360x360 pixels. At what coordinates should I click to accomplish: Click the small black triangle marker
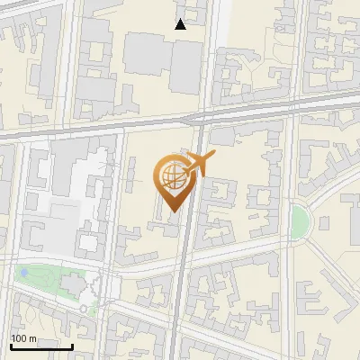click(x=181, y=24)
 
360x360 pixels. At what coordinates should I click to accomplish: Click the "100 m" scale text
click(x=23, y=337)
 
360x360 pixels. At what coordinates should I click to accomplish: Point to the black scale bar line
click(x=41, y=346)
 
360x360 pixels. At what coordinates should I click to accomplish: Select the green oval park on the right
click(x=298, y=217)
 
